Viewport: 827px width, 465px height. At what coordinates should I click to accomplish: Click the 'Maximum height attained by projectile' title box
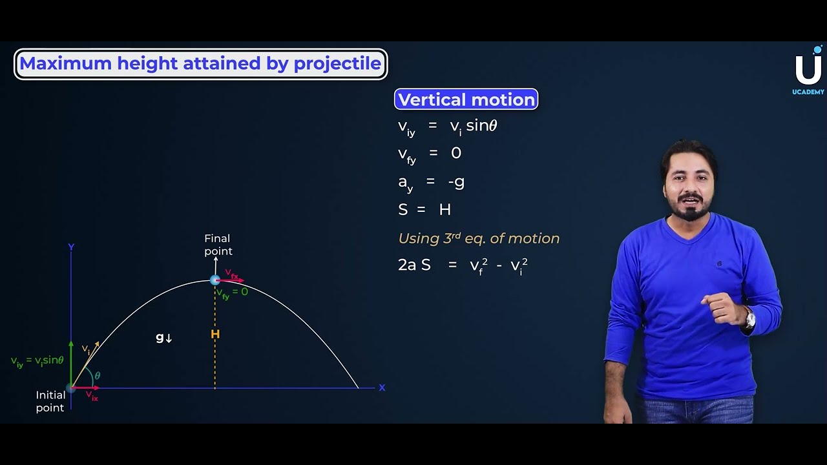coord(200,64)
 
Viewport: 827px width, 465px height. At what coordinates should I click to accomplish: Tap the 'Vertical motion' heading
coord(466,99)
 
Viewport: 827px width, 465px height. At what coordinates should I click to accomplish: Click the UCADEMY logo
coord(808,70)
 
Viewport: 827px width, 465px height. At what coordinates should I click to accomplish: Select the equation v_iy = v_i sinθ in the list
coord(447,127)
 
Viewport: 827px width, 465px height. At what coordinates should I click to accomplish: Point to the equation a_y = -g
coord(431,183)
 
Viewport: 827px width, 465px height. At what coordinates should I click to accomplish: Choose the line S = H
coord(424,210)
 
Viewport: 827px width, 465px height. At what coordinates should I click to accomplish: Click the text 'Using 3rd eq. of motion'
coord(479,238)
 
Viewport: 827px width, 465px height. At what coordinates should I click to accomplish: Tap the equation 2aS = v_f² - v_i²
coord(463,265)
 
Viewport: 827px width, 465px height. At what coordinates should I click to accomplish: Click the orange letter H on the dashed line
coord(215,335)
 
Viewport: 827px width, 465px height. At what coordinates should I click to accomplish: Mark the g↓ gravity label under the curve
coord(164,337)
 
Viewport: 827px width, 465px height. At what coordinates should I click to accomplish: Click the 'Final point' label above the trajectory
coord(218,245)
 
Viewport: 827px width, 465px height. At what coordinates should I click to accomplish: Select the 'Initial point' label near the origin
coord(50,401)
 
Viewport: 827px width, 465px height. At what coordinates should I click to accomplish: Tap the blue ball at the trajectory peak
coord(215,280)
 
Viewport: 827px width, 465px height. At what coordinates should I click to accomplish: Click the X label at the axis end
coord(382,387)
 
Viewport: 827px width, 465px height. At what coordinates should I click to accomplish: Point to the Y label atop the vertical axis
coord(71,247)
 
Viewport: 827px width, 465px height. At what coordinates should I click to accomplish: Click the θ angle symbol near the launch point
coord(98,375)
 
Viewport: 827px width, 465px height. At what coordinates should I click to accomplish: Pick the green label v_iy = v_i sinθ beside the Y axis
coord(37,361)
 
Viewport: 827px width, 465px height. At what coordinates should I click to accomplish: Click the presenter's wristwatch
coord(749,318)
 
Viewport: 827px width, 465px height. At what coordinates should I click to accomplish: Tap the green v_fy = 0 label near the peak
coord(232,293)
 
